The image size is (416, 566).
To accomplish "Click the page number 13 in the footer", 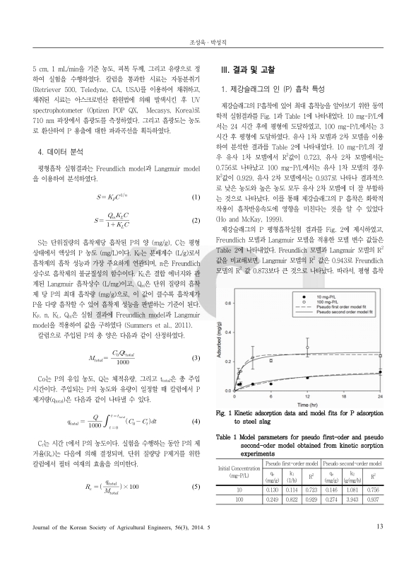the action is (379, 545).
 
